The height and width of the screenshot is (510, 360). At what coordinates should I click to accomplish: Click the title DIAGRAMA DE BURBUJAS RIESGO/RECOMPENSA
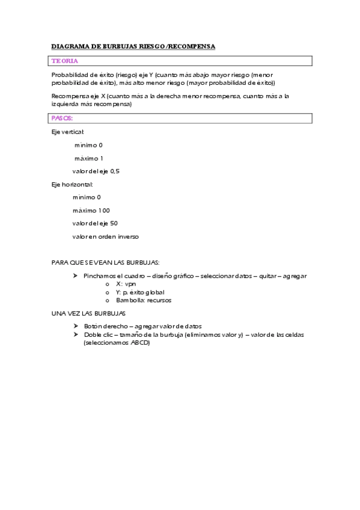133,46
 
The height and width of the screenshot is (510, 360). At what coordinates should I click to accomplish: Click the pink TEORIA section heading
65,61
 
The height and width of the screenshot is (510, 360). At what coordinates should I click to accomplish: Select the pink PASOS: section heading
63,118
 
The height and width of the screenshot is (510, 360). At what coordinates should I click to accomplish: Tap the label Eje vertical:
68,132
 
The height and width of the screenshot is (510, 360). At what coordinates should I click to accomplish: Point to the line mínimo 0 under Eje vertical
88,145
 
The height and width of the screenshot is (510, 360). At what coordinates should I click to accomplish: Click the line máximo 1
88,158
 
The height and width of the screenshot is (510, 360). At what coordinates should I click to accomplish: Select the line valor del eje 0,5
96,171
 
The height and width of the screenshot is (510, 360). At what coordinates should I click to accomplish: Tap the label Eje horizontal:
72,184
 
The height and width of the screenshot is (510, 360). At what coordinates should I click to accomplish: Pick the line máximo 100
91,210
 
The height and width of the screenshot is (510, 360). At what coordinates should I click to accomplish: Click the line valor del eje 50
95,223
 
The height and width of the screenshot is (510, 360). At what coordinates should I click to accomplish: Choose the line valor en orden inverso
105,236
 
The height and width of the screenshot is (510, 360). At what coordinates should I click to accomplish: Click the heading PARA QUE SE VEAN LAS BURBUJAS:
105,263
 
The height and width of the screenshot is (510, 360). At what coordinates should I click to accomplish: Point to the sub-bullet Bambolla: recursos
144,300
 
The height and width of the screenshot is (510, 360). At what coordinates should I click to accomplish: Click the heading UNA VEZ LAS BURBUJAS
88,313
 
